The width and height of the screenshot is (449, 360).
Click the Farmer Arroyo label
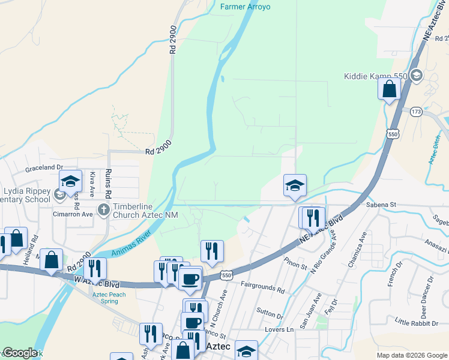(x=245, y=7)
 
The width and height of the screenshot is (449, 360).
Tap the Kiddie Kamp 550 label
(x=375, y=76)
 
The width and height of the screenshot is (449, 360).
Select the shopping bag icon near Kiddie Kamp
(x=390, y=89)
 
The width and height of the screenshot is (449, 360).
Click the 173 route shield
(x=416, y=112)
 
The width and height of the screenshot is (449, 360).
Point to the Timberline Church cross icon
(x=103, y=210)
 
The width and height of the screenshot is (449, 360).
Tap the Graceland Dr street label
(x=43, y=169)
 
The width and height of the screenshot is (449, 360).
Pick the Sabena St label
(x=381, y=205)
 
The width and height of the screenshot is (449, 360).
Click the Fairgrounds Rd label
(x=262, y=289)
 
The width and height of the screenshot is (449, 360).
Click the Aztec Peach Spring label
(x=109, y=298)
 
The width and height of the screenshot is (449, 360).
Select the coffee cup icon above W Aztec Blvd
(x=191, y=278)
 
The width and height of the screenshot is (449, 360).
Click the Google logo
(x=19, y=353)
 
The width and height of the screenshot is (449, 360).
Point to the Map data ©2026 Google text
(x=411, y=355)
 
